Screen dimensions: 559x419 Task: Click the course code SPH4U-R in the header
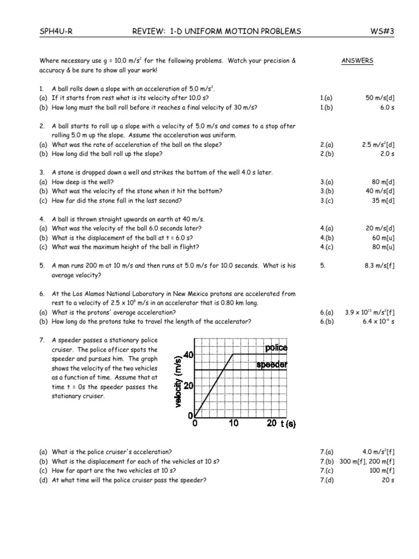point(56,32)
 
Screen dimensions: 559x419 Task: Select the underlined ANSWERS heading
point(357,61)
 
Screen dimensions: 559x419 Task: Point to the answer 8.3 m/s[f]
point(379,266)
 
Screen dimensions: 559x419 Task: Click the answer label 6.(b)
point(327,322)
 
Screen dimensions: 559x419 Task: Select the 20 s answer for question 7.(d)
point(388,480)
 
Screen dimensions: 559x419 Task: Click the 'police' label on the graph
point(276,348)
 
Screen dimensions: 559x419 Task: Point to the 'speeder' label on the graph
point(272,364)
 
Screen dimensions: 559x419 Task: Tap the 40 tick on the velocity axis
point(189,355)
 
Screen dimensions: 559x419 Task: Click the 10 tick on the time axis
point(234,423)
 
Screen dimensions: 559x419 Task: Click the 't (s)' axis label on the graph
point(288,424)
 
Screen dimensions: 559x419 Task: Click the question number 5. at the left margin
point(41,266)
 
